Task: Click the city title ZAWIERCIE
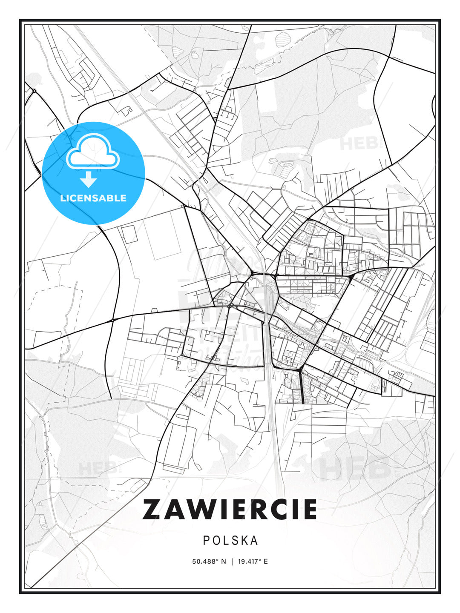pos(230,509)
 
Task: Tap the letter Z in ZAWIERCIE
pos(152,509)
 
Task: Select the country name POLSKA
pos(230,540)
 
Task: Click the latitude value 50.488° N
pos(209,561)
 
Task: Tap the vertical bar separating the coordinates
pos(231,561)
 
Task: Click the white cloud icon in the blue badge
pos(93,152)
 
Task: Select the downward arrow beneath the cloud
pos(89,180)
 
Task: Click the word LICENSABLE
pos(93,198)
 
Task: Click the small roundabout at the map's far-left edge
pos(34,91)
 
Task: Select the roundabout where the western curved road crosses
pos(112,320)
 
